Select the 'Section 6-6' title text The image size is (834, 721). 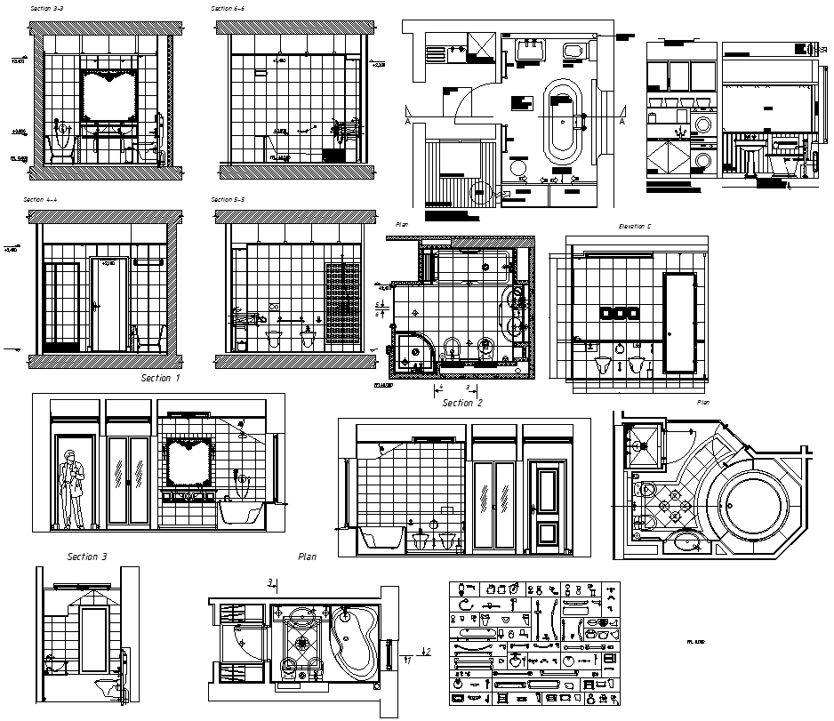228,7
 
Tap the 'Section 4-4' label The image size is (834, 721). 40,200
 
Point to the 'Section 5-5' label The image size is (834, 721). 228,200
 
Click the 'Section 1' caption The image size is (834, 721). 160,378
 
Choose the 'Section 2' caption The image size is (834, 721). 462,403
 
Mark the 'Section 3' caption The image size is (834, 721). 87,557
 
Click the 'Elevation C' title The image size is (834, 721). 635,227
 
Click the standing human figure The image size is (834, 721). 71,487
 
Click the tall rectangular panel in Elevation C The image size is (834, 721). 680,321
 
